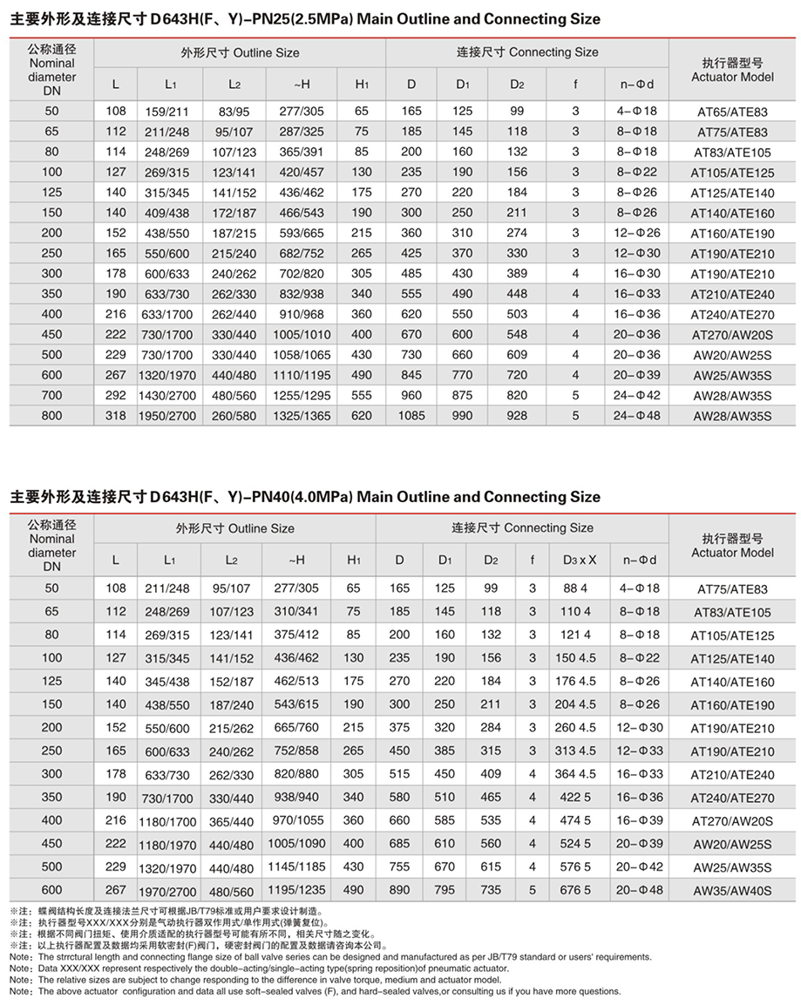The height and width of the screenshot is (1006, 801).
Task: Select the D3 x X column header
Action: pos(580,560)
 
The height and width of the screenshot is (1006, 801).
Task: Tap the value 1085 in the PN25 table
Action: pos(411,416)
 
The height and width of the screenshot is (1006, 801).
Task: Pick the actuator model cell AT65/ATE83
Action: pos(732,112)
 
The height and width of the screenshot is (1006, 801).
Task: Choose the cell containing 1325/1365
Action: pos(301,416)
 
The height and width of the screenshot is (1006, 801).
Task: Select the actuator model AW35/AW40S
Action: pos(732,891)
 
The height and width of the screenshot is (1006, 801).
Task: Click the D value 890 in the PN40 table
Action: pos(399,890)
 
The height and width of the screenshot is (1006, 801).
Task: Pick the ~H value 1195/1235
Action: pos(296,891)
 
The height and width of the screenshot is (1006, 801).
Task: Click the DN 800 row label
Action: pos(51,416)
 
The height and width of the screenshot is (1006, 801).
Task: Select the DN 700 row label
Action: pos(51,396)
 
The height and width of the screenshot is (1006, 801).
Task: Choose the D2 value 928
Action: pos(518,416)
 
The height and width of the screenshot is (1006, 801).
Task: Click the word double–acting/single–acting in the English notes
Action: pos(271,969)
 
